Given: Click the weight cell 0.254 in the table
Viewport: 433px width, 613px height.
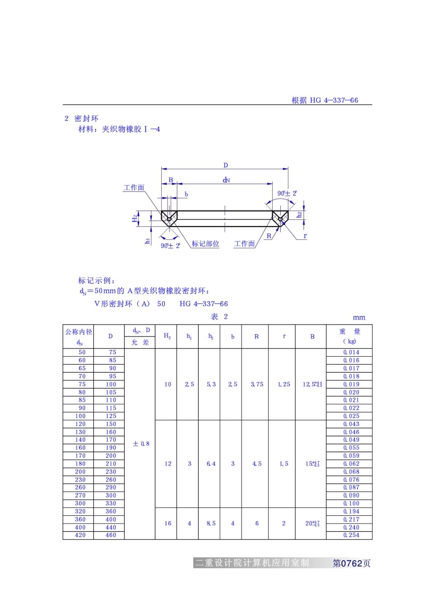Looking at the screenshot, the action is tap(351, 535).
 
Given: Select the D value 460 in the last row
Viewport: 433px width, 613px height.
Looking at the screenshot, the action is tap(111, 535).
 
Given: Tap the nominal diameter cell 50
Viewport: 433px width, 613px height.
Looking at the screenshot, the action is tap(82, 352).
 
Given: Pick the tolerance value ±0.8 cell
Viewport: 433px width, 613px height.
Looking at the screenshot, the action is tap(141, 443).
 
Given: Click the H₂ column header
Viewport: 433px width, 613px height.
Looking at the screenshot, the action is tap(167, 336).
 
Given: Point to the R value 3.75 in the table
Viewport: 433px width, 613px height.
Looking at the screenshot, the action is tap(257, 384).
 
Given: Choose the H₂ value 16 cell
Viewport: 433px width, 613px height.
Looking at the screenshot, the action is tap(168, 523).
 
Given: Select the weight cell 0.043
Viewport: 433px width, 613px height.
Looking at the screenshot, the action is tap(351, 424).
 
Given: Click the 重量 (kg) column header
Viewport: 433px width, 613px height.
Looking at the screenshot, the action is tap(349, 336).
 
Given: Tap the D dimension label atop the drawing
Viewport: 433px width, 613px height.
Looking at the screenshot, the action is tap(225, 165).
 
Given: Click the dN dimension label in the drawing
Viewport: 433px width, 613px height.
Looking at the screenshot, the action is tap(226, 180).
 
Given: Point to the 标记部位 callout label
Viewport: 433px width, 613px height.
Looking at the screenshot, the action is tap(205, 244).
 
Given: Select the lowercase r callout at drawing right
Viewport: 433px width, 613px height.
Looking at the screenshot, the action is tap(305, 236).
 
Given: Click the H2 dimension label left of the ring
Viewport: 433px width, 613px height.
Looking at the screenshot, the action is tap(135, 218).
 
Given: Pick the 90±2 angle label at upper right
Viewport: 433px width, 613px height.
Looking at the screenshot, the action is tap(287, 193).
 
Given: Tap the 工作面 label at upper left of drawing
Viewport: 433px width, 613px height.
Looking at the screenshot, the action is tap(134, 188).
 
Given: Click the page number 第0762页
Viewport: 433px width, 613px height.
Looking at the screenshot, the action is tap(351, 563).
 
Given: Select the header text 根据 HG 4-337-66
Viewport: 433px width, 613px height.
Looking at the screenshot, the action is tap(325, 100).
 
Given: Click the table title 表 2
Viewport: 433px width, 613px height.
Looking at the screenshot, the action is tap(219, 317).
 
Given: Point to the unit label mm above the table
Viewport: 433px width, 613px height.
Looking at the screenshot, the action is tap(359, 317).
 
